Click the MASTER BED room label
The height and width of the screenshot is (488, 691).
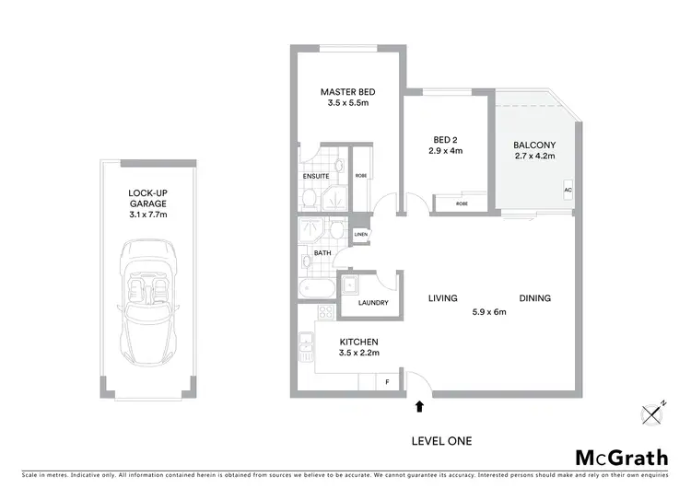point(347,92)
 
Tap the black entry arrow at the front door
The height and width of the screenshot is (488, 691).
point(420,404)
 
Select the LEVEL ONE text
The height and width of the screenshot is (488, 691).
point(440,441)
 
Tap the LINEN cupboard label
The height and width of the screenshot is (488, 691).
point(360,234)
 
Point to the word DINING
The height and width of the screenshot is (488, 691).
point(534,298)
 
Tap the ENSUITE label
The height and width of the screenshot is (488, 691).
point(316,176)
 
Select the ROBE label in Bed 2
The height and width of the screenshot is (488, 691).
point(461,203)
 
